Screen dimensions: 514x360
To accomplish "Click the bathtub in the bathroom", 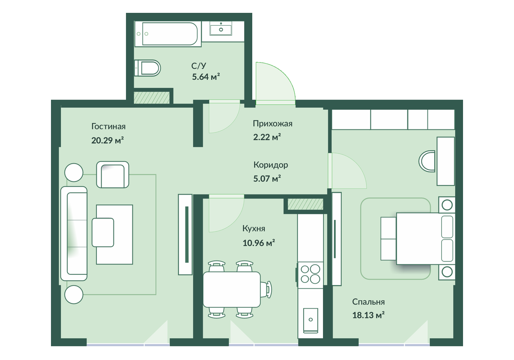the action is pos(168,34).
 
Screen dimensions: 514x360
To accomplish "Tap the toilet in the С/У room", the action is pos(147,68).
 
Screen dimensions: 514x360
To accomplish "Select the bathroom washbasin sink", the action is pos(221,28).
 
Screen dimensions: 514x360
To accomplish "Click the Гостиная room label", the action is pos(108,126).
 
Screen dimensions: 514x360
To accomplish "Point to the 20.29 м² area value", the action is pos(108,140).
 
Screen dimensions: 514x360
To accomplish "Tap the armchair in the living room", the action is pos(112,174).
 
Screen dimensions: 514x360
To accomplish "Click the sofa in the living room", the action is pos(74,233).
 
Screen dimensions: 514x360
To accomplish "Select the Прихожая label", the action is pos(272,124).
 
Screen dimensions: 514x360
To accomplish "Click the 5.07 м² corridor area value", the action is pos(267,178).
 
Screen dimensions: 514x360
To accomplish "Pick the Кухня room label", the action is pos(254,228).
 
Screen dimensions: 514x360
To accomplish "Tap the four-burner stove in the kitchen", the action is pos(310,274).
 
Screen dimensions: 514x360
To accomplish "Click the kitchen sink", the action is pos(311,320).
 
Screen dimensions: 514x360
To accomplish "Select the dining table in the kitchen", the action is pos(232,290).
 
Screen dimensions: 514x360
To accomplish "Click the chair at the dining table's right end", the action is pos(266,290).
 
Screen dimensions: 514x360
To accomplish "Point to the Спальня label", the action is pos(368,302).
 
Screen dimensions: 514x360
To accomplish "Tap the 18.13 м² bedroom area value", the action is pos(368,315).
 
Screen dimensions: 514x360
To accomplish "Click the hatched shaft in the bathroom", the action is pos(152,98).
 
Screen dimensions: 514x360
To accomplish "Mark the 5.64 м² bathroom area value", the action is pos(206,77).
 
